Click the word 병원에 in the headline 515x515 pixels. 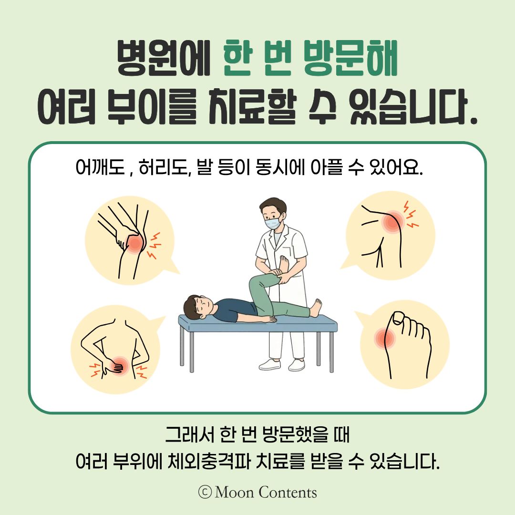pyautogui.click(x=164, y=58)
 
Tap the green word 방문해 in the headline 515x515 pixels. pyautogui.click(x=350, y=58)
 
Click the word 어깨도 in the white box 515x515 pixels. pyautogui.click(x=100, y=167)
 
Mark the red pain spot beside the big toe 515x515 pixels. pyautogui.click(x=384, y=338)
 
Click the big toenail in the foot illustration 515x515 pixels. pyautogui.click(x=398, y=318)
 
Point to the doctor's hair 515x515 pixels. pyautogui.click(x=272, y=205)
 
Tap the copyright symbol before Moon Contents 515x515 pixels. pyautogui.click(x=205, y=492)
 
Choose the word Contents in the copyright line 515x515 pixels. pyautogui.click(x=288, y=492)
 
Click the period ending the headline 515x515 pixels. pyautogui.click(x=473, y=120)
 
